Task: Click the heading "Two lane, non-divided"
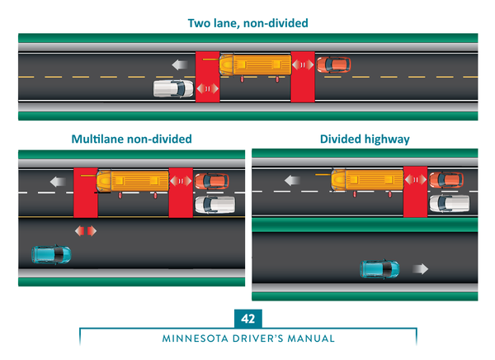tap(247, 23)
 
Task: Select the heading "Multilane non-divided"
tap(132, 139)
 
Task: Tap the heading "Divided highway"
tap(365, 139)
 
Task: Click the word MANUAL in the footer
tap(312, 339)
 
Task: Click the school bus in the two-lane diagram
tap(256, 64)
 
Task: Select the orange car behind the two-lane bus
tap(333, 64)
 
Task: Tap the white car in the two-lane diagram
tap(173, 88)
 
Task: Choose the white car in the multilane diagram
tap(209, 203)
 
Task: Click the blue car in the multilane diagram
tap(51, 253)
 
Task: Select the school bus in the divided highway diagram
tap(367, 179)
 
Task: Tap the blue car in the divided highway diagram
tap(379, 268)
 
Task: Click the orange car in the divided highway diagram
tap(446, 179)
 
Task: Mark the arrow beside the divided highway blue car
tap(421, 268)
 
